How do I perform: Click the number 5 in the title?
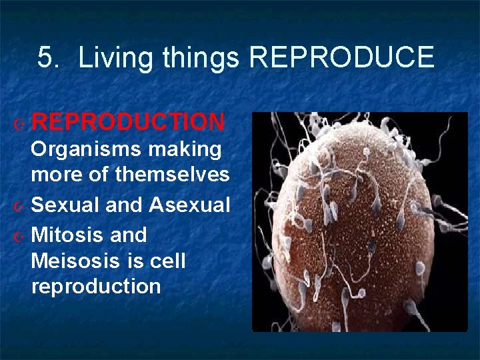click(45, 58)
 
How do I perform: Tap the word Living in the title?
click(118, 58)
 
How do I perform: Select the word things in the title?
click(201, 58)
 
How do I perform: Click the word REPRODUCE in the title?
click(341, 58)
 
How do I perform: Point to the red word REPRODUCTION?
click(128, 122)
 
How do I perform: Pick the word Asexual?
click(189, 205)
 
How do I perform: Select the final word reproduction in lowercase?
click(96, 287)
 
